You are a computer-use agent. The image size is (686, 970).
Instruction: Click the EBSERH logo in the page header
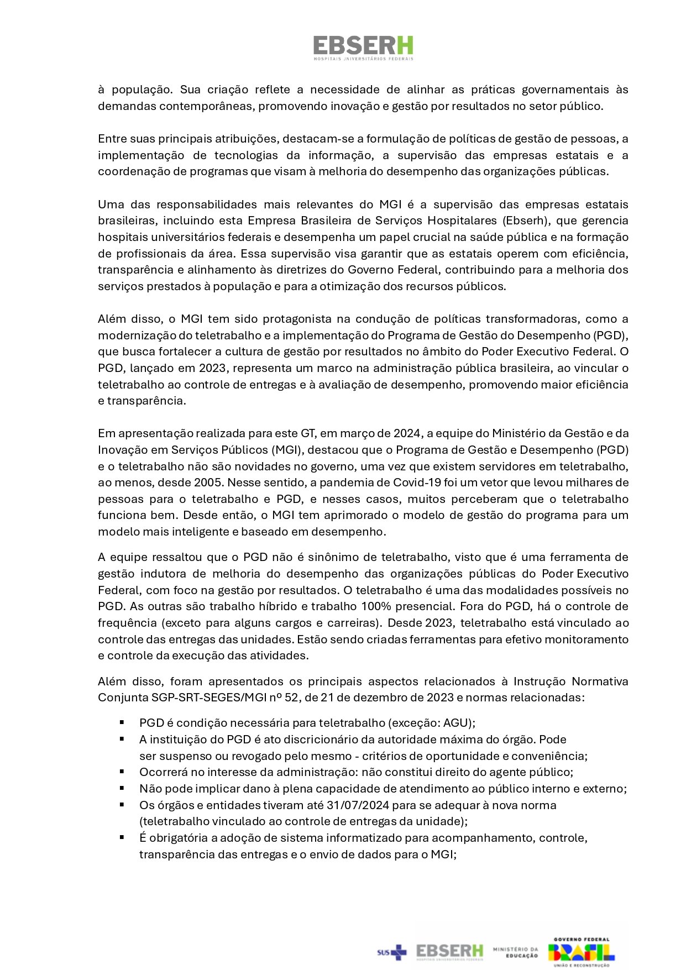[x=363, y=48]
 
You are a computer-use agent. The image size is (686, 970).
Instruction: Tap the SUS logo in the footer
[x=391, y=952]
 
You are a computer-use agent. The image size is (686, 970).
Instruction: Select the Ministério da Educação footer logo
[x=515, y=952]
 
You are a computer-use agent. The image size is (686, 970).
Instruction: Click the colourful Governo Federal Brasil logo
[x=582, y=952]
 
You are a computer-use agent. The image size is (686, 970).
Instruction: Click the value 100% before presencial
[x=376, y=606]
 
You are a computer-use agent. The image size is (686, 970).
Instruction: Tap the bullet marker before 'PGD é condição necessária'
[x=122, y=722]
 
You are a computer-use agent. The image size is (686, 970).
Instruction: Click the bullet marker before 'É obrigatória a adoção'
[x=122, y=837]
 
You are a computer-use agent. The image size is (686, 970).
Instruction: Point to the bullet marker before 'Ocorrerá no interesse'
[x=122, y=772]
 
